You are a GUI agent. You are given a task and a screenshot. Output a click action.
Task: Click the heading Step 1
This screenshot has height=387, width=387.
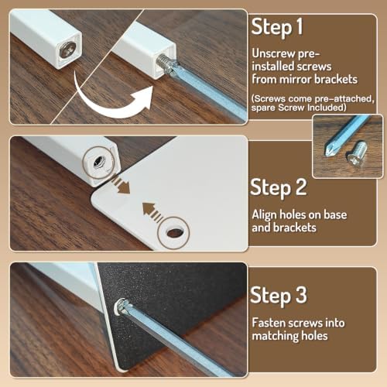[x=277, y=27]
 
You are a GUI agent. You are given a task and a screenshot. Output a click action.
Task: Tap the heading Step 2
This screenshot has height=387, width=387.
[x=279, y=188]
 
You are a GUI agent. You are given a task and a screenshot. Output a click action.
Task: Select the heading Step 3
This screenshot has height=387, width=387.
[x=279, y=296]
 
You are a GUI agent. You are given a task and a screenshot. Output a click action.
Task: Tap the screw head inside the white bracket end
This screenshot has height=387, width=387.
[x=68, y=50]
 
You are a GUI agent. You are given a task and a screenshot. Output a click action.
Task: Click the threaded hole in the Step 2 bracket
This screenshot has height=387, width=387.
[x=98, y=163]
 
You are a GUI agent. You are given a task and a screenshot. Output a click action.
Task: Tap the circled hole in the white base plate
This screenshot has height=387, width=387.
[x=174, y=233]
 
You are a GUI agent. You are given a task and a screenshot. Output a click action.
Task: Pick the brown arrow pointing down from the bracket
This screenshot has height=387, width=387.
[x=121, y=185]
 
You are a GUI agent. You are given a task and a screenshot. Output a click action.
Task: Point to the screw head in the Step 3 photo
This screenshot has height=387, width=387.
[x=122, y=306]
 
